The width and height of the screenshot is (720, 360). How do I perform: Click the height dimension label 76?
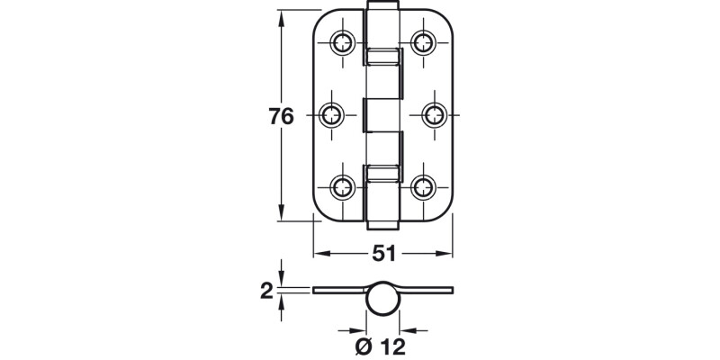click(x=282, y=117)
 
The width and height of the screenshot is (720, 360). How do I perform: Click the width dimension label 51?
click(x=384, y=255)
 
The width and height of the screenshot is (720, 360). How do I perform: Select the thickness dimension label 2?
click(x=266, y=290)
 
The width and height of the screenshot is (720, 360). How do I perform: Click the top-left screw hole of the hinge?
click(x=343, y=41)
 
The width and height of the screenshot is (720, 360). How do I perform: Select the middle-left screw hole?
click(x=332, y=114)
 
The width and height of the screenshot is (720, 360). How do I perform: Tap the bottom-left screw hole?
click(x=343, y=187)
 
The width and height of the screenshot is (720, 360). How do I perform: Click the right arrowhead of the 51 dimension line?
click(x=449, y=255)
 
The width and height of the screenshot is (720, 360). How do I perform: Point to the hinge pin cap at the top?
click(x=383, y=8)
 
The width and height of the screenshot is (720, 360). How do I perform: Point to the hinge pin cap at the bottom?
click(x=383, y=220)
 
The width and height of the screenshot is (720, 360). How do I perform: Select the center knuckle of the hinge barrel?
click(x=383, y=114)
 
